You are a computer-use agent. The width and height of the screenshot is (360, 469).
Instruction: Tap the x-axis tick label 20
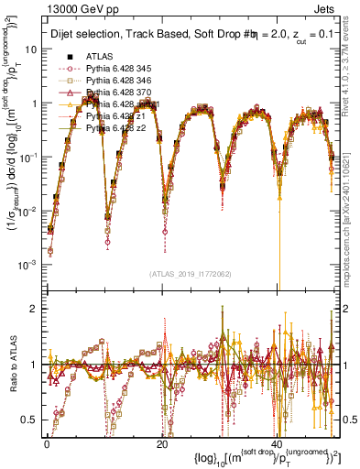pyautogui.click(x=161, y=442)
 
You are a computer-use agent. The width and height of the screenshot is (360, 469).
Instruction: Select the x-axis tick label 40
pyautogui.click(x=278, y=442)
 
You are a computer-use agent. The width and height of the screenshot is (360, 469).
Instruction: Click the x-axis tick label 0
pyautogui.click(x=46, y=442)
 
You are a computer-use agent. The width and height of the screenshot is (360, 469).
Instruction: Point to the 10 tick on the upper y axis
pyautogui.click(x=33, y=49)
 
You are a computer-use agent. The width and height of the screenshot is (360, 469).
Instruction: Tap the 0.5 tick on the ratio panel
pyautogui.click(x=32, y=420)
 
